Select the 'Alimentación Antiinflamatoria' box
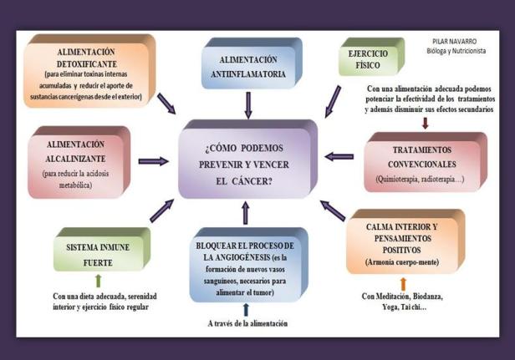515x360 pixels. click(x=248, y=67)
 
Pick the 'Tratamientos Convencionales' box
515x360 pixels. click(x=423, y=161)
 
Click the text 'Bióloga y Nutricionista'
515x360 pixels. click(x=456, y=50)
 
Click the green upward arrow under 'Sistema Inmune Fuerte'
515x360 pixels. click(x=98, y=281)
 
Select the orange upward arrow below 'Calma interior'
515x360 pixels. click(x=403, y=283)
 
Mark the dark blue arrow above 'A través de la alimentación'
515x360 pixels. click(x=246, y=309)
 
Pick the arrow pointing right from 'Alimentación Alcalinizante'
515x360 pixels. click(x=153, y=160)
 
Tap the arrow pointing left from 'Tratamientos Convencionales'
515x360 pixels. click(x=339, y=156)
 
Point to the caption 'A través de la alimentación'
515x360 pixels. click(x=247, y=323)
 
